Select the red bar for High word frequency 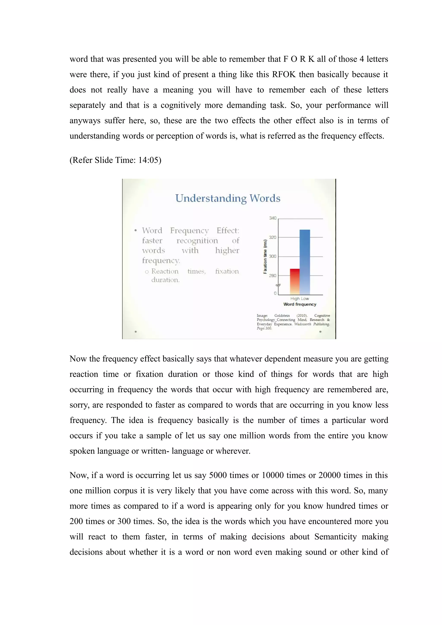[294, 281]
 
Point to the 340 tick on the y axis [273, 218]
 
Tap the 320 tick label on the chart [273, 237]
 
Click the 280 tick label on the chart [273, 276]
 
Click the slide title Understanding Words [228, 198]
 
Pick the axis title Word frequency [300, 304]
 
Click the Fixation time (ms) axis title [265, 256]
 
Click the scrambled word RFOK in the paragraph [284, 75]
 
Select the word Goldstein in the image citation [282, 316]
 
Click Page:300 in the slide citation [264, 328]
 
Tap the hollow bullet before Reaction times [147, 272]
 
